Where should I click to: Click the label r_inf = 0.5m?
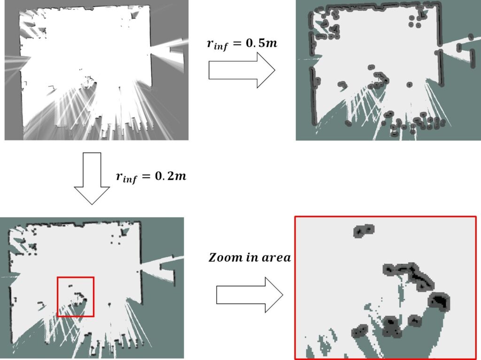coord(242,44)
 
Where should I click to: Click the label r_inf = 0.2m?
coord(151,177)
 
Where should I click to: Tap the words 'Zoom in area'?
coord(249,257)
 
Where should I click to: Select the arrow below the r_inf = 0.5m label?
coord(242,70)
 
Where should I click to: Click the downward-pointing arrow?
coord(92,178)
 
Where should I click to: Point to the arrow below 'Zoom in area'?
coord(250,295)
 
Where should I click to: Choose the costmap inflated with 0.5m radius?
coord(388,70)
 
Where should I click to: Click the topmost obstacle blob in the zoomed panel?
coord(364,230)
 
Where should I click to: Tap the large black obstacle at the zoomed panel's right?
coord(439,301)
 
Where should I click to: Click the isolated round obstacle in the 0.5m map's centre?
coord(409,85)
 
